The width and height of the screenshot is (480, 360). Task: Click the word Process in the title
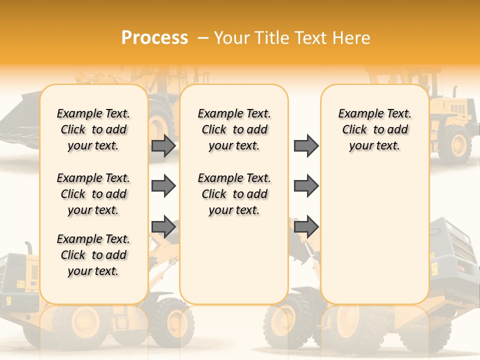click(154, 38)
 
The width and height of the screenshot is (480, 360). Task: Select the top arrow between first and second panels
click(163, 146)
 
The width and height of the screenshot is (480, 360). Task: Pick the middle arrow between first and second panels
click(163, 186)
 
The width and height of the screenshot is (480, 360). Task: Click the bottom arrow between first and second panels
click(163, 226)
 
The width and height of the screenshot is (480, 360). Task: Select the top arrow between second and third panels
click(306, 146)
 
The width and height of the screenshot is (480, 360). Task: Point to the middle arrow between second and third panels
click(306, 186)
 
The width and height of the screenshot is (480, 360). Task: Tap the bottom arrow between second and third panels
click(306, 226)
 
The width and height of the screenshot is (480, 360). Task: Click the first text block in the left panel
click(93, 129)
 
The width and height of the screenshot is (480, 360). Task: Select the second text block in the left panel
click(93, 194)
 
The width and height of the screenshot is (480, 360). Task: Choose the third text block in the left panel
click(93, 255)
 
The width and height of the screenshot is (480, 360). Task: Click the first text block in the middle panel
click(234, 129)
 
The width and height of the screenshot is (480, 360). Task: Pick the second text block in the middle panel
click(234, 194)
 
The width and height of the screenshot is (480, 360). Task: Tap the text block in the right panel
click(375, 129)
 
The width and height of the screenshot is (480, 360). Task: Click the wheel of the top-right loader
click(454, 144)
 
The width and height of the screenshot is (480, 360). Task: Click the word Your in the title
click(230, 38)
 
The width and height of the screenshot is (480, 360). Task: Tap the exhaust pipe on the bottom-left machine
click(29, 247)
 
